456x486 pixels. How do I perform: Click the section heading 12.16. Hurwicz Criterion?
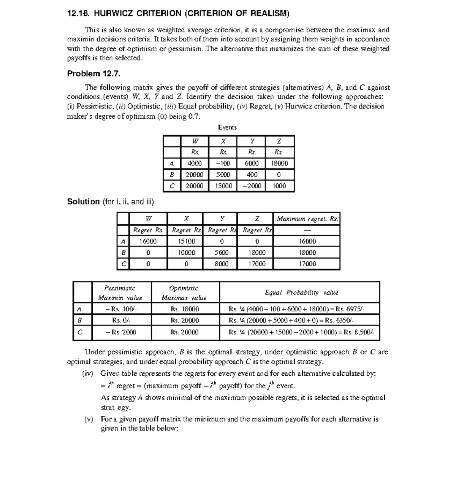[x=178, y=14]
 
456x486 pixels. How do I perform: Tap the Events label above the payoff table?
[x=227, y=127]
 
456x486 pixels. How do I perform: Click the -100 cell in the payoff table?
[x=223, y=164]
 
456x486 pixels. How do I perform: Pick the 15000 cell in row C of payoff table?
[x=223, y=186]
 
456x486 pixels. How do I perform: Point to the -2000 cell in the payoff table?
[x=252, y=186]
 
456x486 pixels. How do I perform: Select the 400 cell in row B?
[x=252, y=175]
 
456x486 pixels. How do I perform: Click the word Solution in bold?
[x=83, y=202]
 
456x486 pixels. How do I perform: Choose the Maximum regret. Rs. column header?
[x=307, y=219]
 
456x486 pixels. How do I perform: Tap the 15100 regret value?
[x=186, y=241]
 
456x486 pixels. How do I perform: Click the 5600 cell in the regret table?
[x=221, y=253]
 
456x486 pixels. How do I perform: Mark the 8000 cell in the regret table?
[x=221, y=264]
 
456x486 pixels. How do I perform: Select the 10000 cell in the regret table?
[x=186, y=253]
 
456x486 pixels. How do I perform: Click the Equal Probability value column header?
[x=301, y=292]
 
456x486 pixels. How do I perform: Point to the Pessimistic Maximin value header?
[x=120, y=293]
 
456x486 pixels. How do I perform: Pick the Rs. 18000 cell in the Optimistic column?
[x=185, y=309]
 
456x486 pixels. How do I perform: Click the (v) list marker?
[x=89, y=419]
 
